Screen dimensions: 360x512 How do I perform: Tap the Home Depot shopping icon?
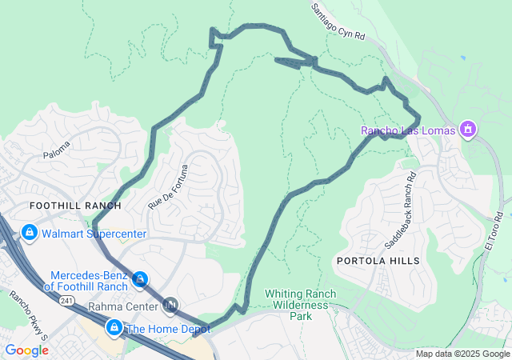(114, 328)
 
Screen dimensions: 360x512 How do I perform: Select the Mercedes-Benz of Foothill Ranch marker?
(141, 279)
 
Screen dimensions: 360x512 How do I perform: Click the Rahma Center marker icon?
(170, 305)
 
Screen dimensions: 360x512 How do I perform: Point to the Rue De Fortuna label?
(166, 187)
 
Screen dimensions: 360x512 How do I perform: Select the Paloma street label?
(57, 150)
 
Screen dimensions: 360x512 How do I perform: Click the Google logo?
(26, 350)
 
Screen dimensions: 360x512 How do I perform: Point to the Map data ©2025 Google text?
(462, 354)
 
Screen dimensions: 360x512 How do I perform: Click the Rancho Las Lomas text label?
(407, 130)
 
